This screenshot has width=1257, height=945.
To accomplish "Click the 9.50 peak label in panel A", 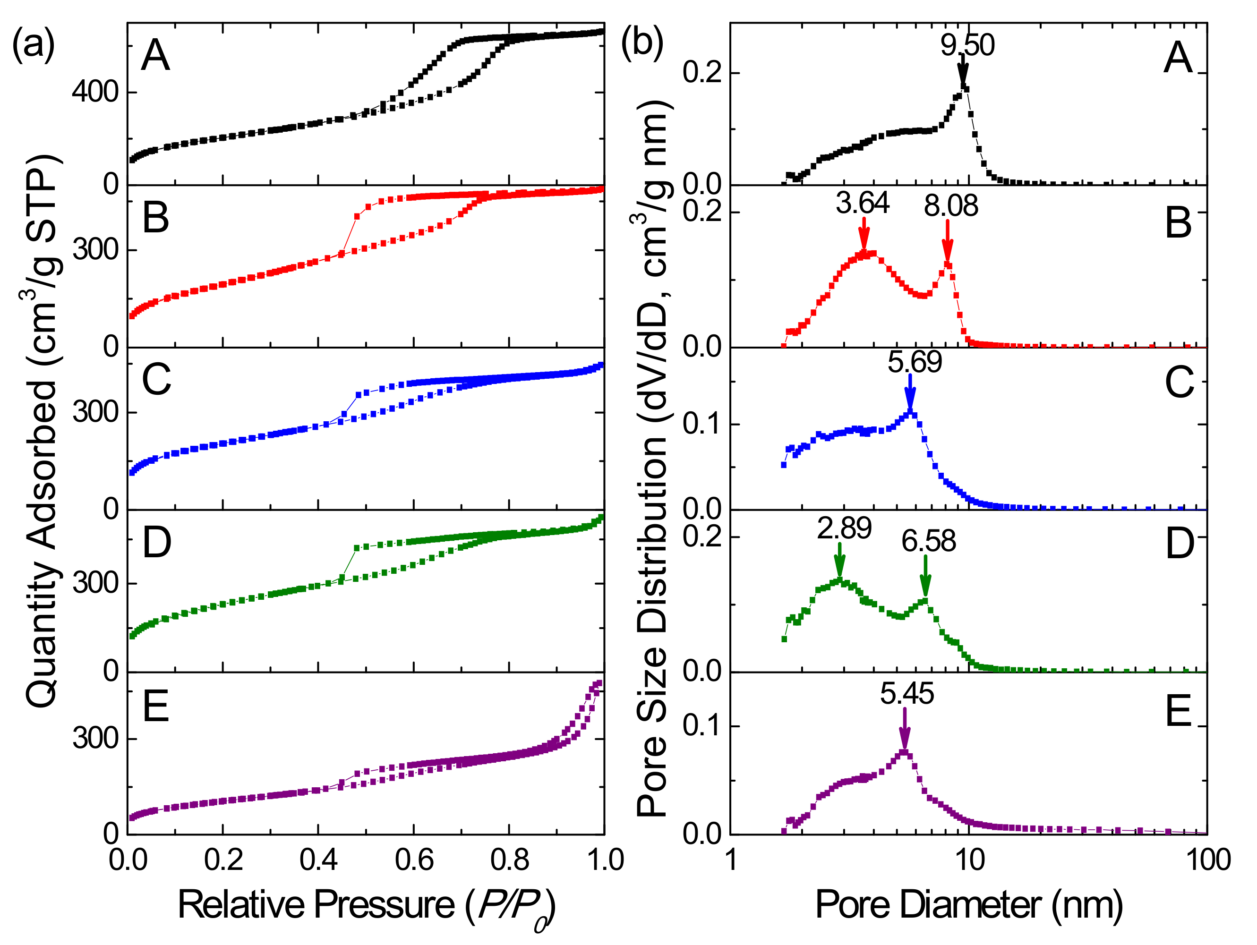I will tap(967, 45).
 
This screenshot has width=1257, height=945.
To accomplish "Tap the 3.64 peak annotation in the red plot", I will tap(862, 203).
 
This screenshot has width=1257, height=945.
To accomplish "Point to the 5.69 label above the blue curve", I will tap(915, 362).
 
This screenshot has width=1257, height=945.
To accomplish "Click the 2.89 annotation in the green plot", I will tap(844, 528).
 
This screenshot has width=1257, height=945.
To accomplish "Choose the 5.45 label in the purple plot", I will tap(907, 694).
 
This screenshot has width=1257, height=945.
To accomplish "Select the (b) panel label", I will tap(642, 43).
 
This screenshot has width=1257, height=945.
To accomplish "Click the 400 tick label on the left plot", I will tap(95, 92).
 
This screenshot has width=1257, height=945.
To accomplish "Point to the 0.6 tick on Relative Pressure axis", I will tap(414, 860).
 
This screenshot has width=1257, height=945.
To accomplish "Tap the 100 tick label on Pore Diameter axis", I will tap(1207, 860).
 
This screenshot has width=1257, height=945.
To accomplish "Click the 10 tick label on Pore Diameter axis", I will tap(969, 860).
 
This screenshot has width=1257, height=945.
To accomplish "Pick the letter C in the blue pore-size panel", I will tap(1179, 383).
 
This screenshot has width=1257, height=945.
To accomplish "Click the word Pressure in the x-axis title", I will tap(385, 905).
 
